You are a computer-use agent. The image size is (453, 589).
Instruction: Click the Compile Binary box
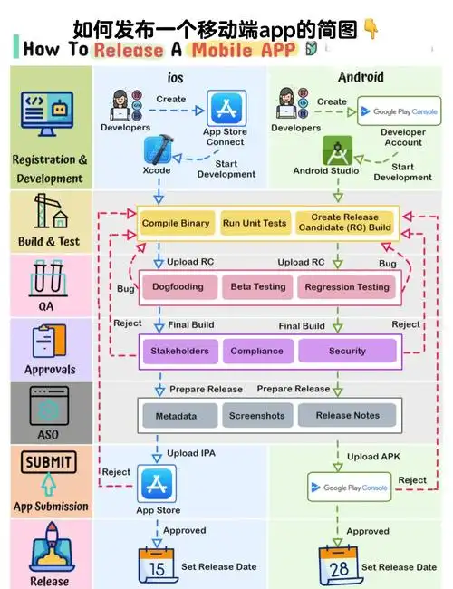[176, 223]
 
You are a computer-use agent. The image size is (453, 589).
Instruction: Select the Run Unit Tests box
[255, 223]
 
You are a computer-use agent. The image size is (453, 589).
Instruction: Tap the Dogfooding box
[178, 287]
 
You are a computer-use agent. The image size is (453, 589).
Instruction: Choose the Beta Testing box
[258, 287]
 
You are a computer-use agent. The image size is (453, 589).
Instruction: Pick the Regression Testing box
[347, 287]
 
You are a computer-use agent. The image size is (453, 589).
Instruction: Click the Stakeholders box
[180, 352]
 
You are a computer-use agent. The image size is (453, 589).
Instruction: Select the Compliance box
[257, 352]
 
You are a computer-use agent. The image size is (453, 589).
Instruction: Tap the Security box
[347, 352]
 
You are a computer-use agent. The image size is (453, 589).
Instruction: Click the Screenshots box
[257, 415]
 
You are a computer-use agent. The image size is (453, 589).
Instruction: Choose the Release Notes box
[347, 415]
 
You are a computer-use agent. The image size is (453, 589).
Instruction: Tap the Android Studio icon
[337, 150]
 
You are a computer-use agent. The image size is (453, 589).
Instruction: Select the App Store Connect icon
[226, 108]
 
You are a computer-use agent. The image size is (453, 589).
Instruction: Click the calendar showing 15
[157, 565]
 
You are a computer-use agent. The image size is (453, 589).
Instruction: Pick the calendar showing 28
[339, 566]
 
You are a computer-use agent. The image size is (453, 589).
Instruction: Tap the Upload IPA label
[191, 453]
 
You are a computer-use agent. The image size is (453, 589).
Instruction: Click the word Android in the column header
[361, 77]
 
